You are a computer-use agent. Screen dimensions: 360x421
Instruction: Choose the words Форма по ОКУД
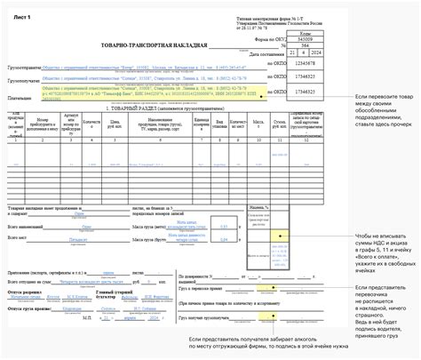(x=266, y=39)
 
